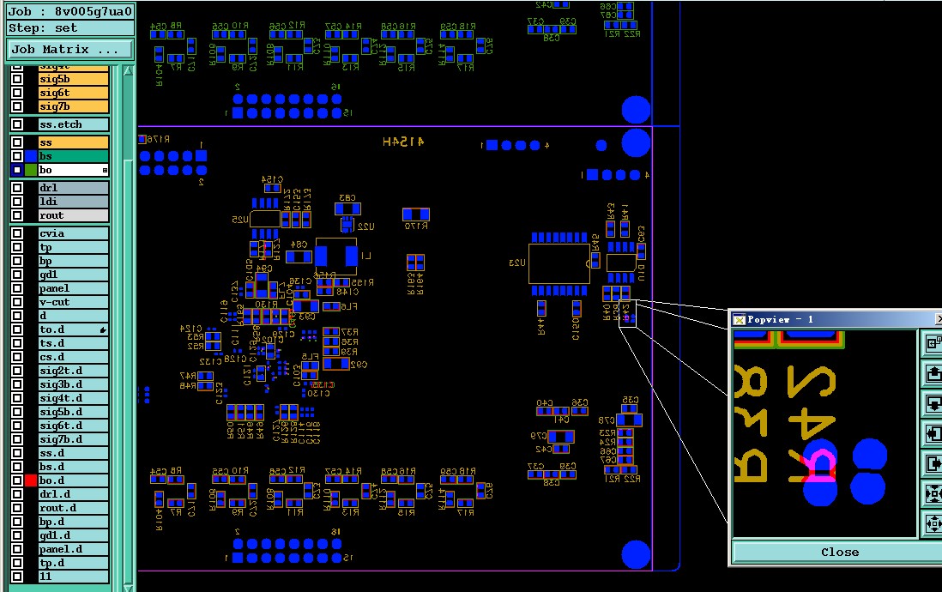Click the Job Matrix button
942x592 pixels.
pyautogui.click(x=70, y=50)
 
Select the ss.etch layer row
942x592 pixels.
pyautogui.click(x=74, y=124)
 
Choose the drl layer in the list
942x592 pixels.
pyautogui.click(x=74, y=188)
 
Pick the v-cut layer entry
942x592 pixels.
pyautogui.click(x=74, y=302)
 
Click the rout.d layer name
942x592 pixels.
pyautogui.click(x=74, y=508)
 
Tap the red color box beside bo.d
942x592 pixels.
pyautogui.click(x=31, y=480)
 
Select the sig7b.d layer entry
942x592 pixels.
pyautogui.click(x=74, y=439)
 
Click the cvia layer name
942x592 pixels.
pyautogui.click(x=74, y=233)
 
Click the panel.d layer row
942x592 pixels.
pyautogui.click(x=74, y=549)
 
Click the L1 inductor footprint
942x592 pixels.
pyautogui.click(x=335, y=256)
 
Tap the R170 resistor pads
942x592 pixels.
pyautogui.click(x=415, y=214)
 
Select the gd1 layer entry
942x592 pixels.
pyautogui.click(x=74, y=275)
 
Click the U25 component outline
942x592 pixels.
pyautogui.click(x=265, y=219)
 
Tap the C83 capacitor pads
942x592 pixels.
pyautogui.click(x=347, y=208)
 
